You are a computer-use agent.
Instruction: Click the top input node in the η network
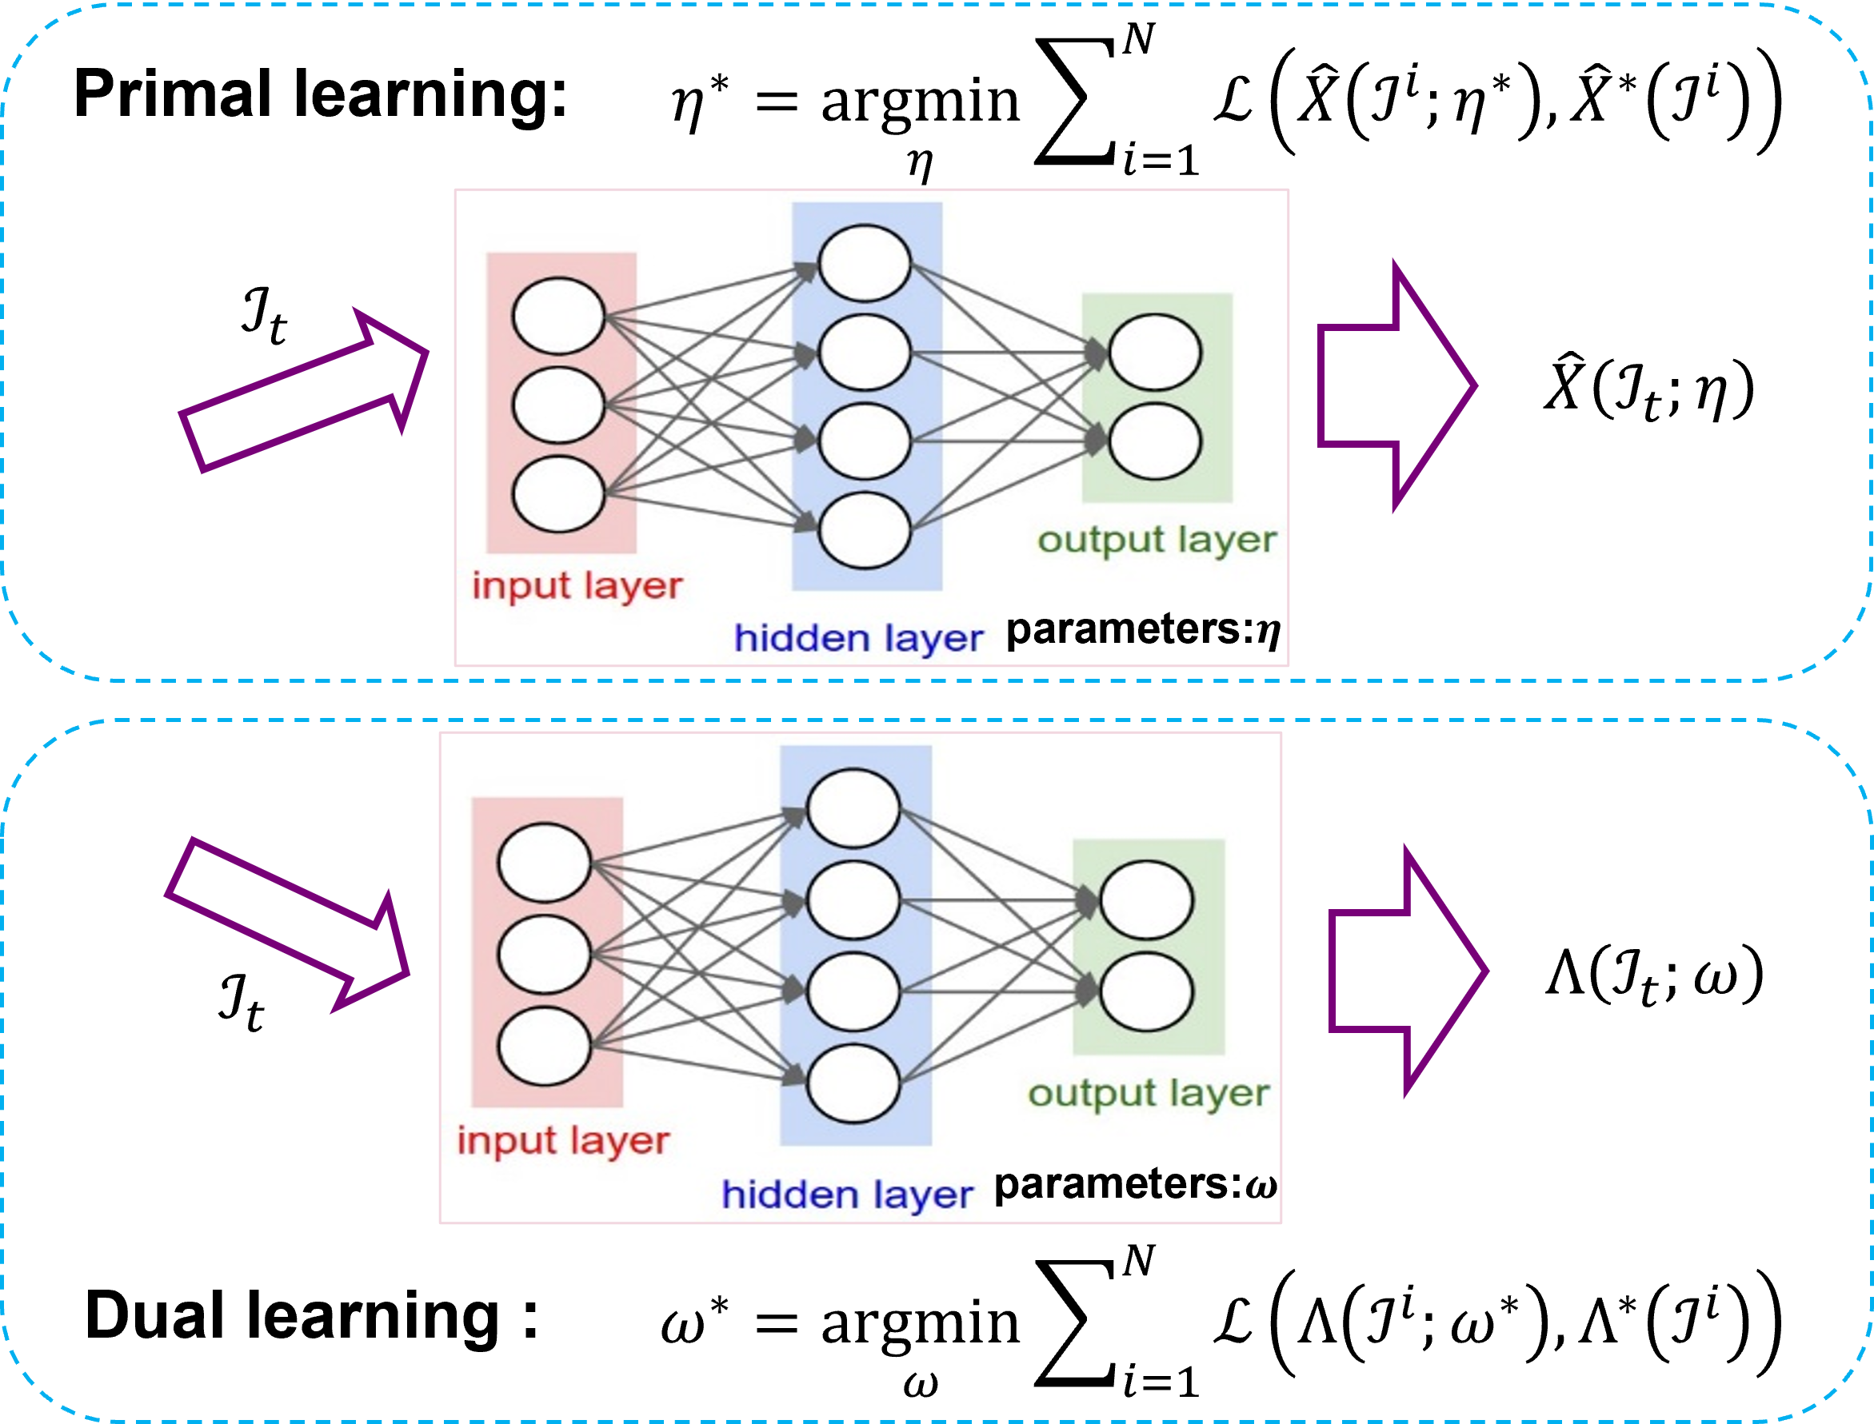[x=558, y=316]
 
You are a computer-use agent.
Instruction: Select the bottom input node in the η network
[x=558, y=494]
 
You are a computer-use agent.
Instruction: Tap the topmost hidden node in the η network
[x=864, y=263]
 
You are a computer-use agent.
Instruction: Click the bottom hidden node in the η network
[x=864, y=531]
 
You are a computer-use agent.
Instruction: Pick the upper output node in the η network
[x=1155, y=353]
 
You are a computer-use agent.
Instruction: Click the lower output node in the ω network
[x=1146, y=991]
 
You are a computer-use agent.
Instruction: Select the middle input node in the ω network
[x=545, y=955]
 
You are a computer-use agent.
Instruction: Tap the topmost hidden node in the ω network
[x=853, y=808]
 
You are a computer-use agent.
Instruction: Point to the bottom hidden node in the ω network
[x=853, y=1083]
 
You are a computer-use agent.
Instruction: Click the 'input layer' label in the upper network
[x=577, y=587]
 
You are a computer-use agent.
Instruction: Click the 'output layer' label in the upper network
[x=1157, y=540]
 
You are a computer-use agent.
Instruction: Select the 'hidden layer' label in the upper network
[x=858, y=639]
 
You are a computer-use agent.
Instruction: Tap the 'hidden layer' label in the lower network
[x=846, y=1195]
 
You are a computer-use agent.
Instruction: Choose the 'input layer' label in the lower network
[x=563, y=1141]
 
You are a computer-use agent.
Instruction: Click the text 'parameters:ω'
[x=1136, y=1184]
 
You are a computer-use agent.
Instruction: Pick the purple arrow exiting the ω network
[x=1408, y=971]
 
